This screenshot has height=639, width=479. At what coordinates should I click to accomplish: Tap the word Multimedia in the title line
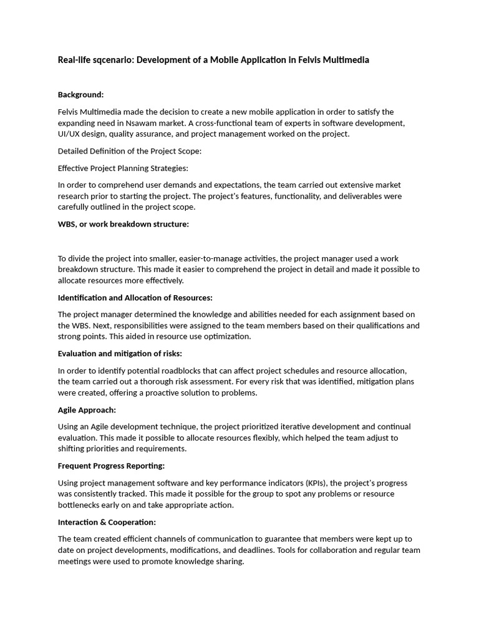(346, 60)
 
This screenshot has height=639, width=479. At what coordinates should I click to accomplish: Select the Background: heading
(80, 95)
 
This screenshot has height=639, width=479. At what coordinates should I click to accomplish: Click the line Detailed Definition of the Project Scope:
(129, 151)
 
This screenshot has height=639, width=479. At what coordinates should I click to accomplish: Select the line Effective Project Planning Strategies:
(122, 168)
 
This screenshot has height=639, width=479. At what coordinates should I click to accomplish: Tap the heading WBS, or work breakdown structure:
(123, 224)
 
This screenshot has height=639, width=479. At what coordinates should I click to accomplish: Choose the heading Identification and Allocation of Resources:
(135, 298)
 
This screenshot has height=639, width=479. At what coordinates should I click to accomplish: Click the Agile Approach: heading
(87, 410)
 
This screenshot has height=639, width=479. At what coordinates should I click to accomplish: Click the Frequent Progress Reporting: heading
(111, 466)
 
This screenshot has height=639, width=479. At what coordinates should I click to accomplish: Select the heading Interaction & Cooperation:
(107, 522)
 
